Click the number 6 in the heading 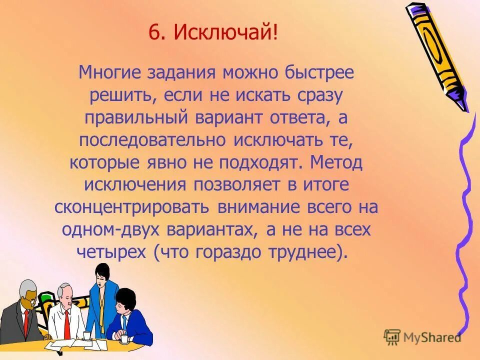pyautogui.click(x=153, y=34)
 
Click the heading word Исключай pyautogui.click(x=223, y=34)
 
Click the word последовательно pyautogui.click(x=152, y=140)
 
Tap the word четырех pyautogui.click(x=111, y=252)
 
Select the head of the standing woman pyautogui.click(x=103, y=274)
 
